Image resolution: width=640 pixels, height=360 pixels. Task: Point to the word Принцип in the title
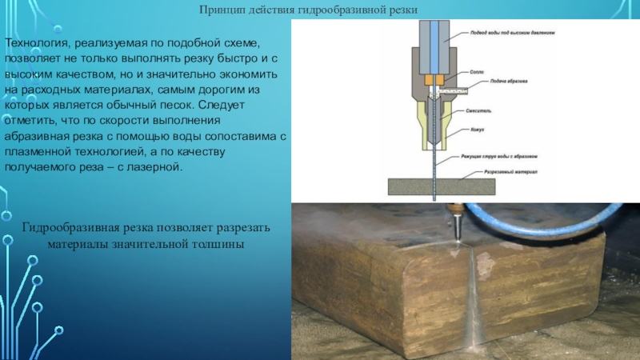click(x=222, y=9)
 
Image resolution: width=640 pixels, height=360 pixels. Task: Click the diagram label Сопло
click(x=478, y=70)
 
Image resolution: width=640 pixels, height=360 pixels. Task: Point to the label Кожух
click(x=478, y=129)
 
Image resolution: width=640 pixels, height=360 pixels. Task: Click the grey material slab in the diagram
click(x=440, y=186)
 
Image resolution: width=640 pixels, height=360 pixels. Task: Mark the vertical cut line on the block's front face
click(x=474, y=296)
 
